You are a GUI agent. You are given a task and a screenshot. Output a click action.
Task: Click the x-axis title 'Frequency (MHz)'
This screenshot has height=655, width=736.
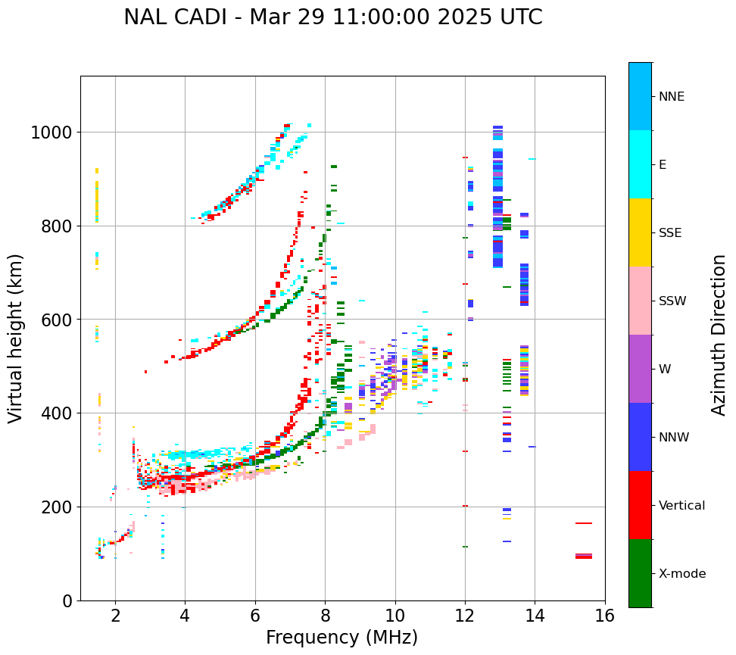341,638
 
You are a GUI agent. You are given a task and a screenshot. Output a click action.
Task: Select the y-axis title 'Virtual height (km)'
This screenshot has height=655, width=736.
17,338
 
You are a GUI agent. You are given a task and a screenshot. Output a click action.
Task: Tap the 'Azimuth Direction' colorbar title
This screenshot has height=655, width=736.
719,335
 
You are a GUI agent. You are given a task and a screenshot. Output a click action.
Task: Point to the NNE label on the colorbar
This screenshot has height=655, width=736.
671,97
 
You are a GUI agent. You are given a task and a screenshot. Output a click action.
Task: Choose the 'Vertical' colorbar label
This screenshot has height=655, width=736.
681,506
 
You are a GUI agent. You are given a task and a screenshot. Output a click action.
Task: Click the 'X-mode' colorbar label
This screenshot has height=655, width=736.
681,574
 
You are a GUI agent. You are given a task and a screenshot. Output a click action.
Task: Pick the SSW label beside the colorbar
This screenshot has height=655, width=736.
672,301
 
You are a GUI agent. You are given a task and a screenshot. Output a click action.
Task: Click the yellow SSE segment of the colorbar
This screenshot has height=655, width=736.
640,232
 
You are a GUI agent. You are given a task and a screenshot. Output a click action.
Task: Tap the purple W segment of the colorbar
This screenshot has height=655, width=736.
640,369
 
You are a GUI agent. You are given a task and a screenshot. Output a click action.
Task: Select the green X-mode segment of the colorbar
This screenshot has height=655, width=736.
640,573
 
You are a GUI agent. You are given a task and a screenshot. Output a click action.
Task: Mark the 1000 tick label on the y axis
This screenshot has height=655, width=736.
51,133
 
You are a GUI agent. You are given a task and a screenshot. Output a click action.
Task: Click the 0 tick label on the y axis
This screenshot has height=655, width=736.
67,601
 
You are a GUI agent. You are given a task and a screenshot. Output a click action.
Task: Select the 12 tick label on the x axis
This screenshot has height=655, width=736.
465,616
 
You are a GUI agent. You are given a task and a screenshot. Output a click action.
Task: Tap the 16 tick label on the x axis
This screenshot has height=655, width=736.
604,616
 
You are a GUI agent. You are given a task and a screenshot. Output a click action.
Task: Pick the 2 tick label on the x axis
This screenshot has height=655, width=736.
115,616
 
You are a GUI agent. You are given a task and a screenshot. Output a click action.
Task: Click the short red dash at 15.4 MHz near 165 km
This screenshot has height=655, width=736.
583,523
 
